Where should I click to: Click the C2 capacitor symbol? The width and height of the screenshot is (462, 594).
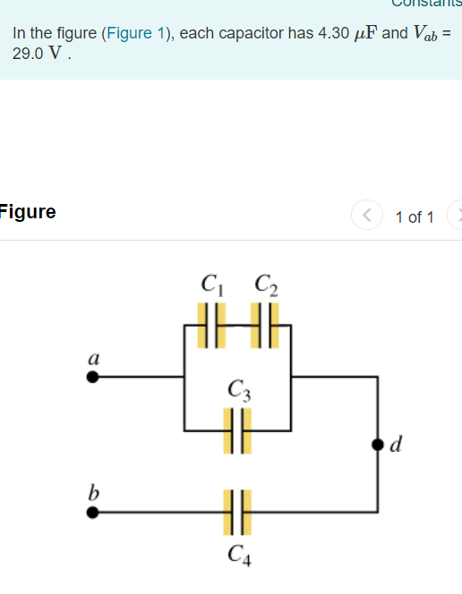[265, 318]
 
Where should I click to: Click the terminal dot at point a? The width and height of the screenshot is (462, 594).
[92, 377]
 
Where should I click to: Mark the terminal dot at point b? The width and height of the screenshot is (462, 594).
[92, 513]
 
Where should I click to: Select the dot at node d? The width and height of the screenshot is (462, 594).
[378, 445]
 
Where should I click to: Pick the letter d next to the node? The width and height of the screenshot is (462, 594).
[398, 444]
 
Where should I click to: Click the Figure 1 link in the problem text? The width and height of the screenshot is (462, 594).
[140, 34]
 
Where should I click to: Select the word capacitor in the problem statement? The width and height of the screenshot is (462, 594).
[257, 34]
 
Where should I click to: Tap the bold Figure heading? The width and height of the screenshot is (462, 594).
[28, 212]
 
